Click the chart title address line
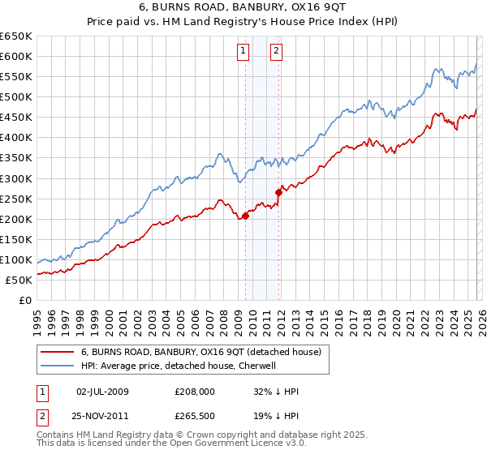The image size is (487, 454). [243, 8]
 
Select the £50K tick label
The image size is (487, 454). [19, 280]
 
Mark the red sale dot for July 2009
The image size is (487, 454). [245, 216]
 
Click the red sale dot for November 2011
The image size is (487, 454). [279, 192]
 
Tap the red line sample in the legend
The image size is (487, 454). [58, 352]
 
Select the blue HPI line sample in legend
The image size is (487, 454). [58, 366]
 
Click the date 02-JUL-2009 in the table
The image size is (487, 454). [102, 392]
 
